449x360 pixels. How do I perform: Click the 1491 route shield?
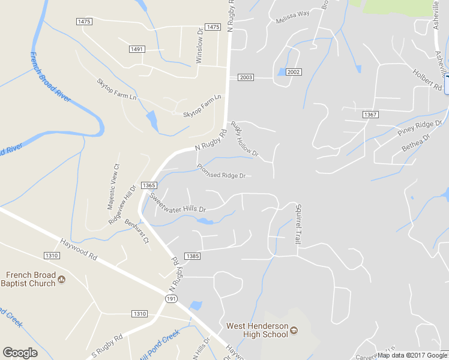(x=137, y=49)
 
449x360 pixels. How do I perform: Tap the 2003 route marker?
(x=246, y=77)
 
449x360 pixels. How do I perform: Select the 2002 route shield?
(x=293, y=72)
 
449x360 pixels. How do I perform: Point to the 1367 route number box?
(x=370, y=114)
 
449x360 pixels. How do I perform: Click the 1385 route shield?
(x=193, y=256)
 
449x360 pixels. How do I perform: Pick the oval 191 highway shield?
(x=172, y=298)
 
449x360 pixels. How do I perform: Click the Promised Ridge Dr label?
(x=221, y=172)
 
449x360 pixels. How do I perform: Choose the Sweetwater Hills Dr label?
(x=178, y=203)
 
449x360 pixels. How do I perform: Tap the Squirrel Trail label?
(x=297, y=223)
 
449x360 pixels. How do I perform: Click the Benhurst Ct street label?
(x=137, y=230)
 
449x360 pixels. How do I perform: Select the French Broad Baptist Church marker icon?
(x=61, y=279)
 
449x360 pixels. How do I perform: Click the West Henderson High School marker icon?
(x=294, y=330)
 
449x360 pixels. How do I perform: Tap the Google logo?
(x=20, y=353)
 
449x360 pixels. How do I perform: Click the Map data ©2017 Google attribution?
(x=413, y=355)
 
